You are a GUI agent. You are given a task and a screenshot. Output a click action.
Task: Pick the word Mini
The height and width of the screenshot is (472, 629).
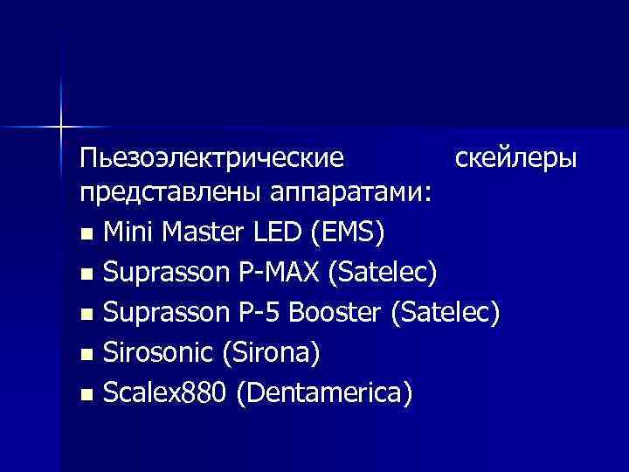coord(128,233)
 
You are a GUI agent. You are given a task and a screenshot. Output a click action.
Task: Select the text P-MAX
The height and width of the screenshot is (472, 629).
coord(279,274)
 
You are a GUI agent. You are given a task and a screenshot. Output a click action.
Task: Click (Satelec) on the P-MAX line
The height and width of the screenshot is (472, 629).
coord(382,274)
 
